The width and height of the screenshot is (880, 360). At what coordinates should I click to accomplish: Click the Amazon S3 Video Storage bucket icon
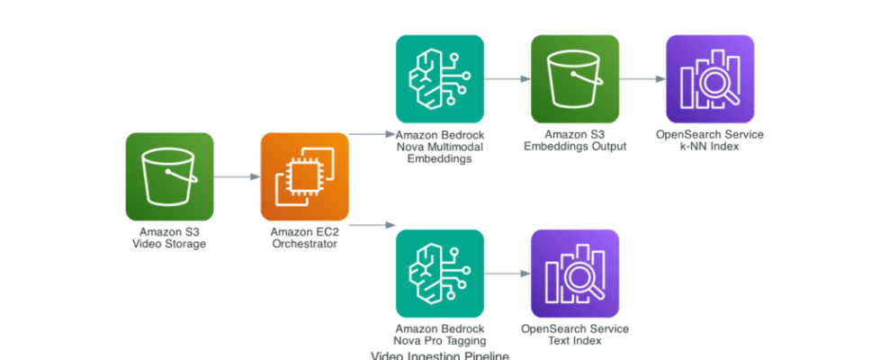[x=169, y=176]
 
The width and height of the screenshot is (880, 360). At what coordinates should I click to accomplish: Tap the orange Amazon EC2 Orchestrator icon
[x=304, y=176]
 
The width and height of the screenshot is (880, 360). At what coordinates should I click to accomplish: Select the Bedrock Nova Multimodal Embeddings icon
[x=440, y=79]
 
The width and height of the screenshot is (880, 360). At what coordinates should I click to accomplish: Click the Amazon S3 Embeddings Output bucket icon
[x=575, y=79]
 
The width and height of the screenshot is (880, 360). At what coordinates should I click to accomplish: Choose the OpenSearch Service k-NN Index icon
[x=710, y=79]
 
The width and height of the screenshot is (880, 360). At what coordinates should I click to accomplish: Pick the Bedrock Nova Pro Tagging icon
[x=440, y=273]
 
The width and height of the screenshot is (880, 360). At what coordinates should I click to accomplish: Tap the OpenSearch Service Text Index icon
[x=575, y=273]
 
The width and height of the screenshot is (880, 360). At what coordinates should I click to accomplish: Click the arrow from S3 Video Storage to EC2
[x=237, y=176]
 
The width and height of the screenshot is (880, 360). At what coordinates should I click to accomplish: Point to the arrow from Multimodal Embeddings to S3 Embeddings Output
[x=507, y=79]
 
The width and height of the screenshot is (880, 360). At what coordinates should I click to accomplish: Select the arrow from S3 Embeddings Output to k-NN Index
[x=642, y=79]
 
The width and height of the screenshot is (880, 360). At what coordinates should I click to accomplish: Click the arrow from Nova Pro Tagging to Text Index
[x=507, y=273]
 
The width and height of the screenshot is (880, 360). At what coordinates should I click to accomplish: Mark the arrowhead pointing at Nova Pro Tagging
[x=392, y=224]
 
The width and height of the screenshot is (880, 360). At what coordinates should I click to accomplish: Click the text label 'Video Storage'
[x=169, y=243]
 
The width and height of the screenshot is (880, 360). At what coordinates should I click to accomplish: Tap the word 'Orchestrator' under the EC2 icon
[x=304, y=243]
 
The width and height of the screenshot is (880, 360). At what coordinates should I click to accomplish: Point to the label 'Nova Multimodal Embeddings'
[x=440, y=152]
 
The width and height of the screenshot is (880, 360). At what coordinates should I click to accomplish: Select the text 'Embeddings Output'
[x=575, y=146]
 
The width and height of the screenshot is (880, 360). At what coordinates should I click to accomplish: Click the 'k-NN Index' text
[x=710, y=146]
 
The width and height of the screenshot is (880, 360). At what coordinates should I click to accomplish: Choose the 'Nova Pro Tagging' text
[x=440, y=340]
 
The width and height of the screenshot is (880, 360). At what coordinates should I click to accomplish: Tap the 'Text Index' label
[x=575, y=340]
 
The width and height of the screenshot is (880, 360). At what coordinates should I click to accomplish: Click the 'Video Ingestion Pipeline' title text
[x=440, y=355]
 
